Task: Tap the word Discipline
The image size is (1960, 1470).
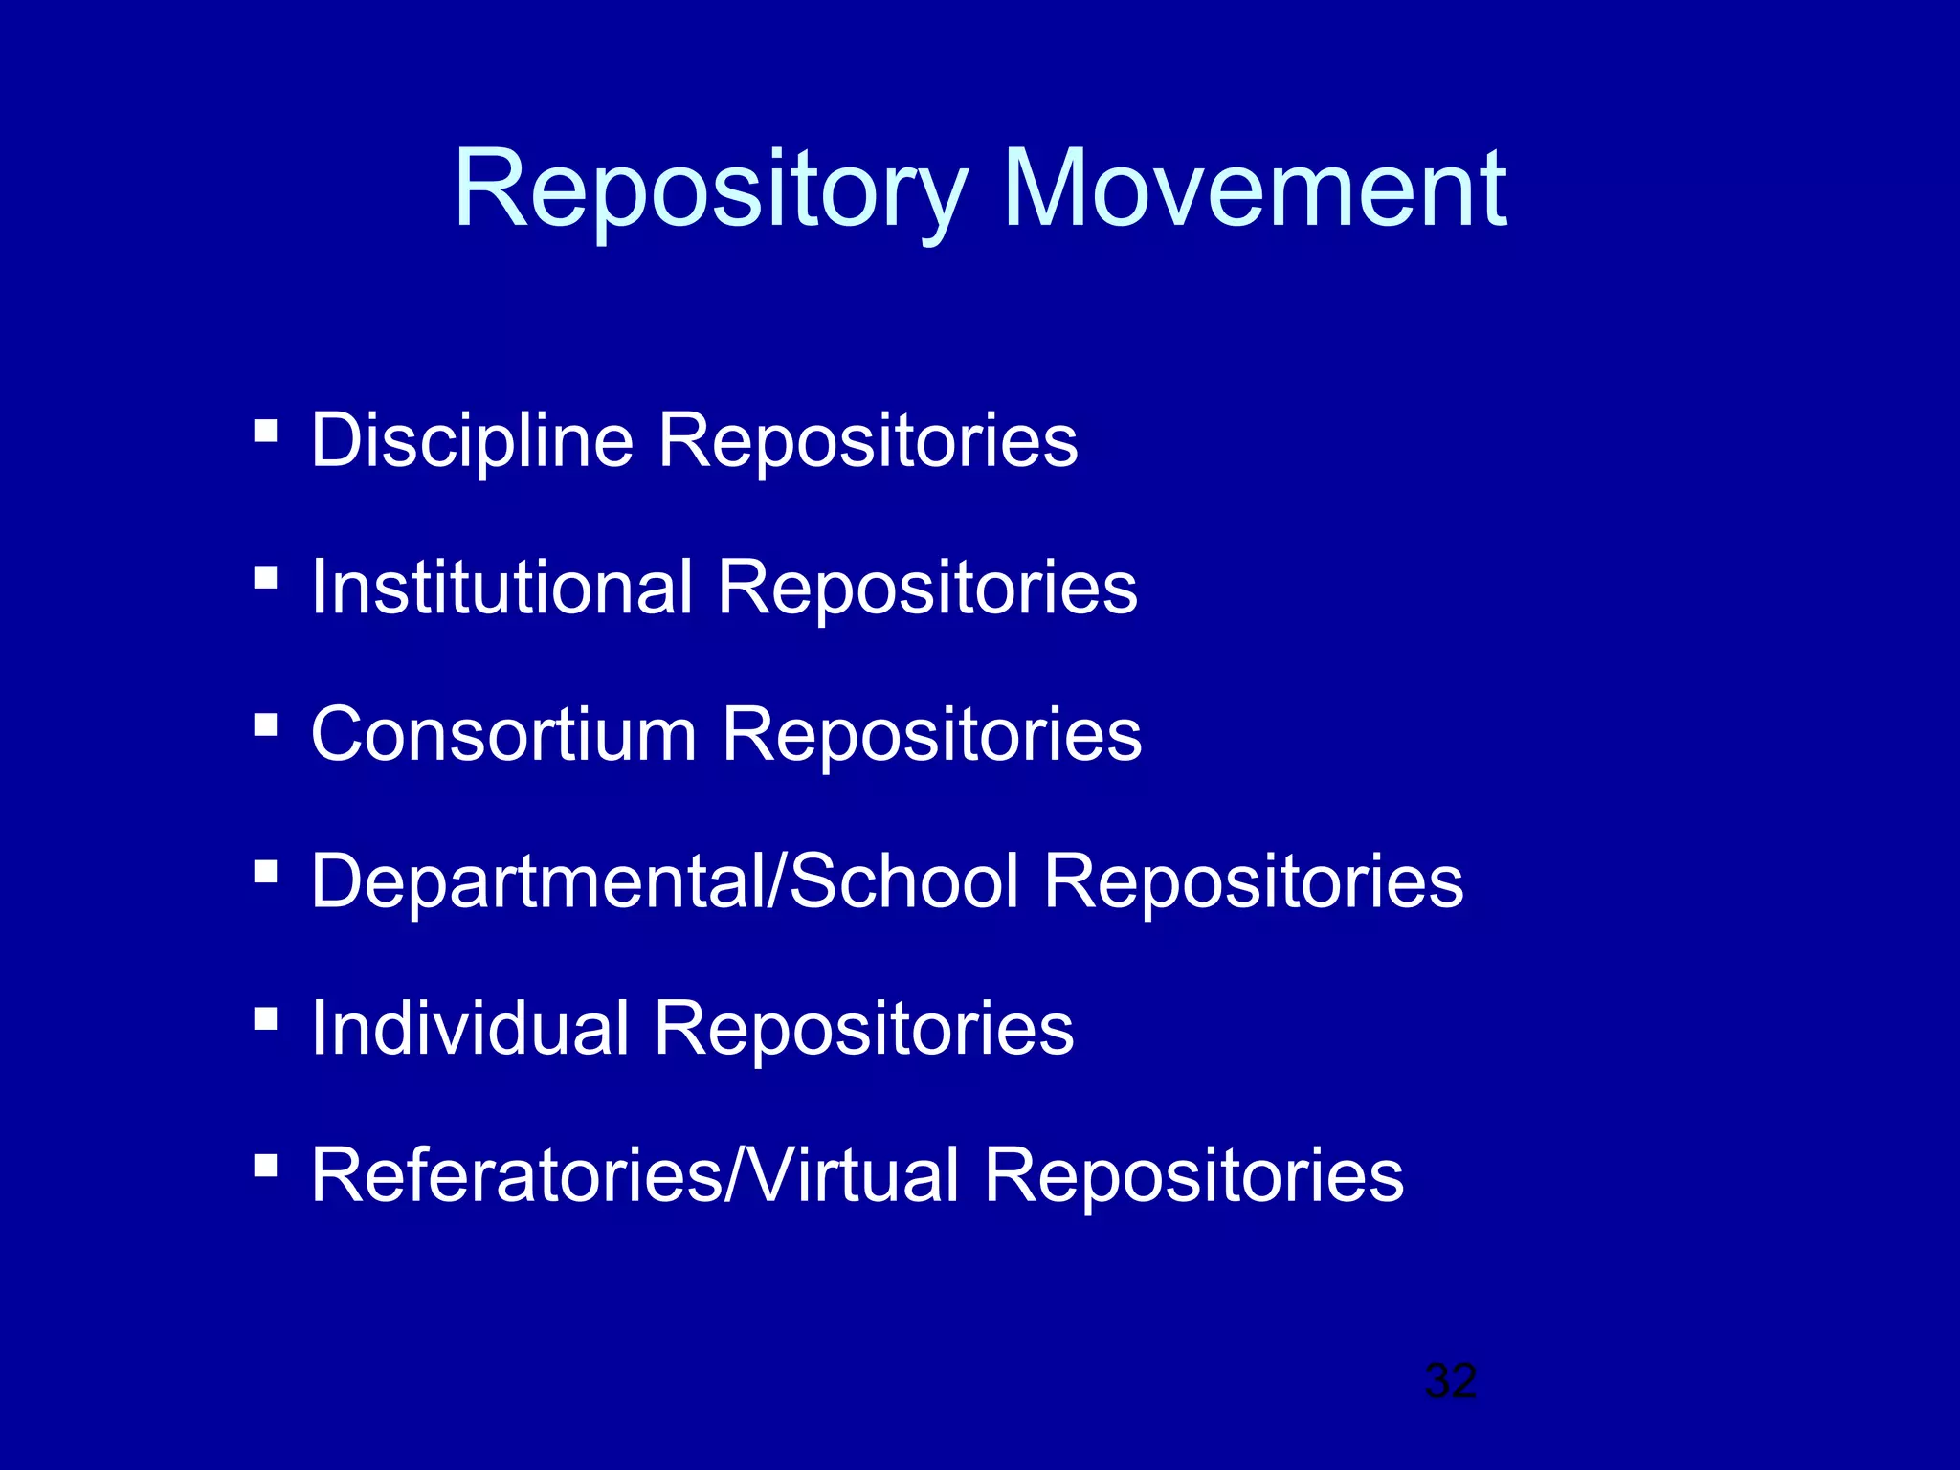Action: tap(473, 440)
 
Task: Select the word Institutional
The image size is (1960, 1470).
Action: tap(502, 587)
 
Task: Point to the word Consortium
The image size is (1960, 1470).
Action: tap(504, 734)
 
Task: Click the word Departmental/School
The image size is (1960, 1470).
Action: tap(665, 880)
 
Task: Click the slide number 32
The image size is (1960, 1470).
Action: tap(1451, 1381)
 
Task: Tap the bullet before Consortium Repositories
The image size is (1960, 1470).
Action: tap(266, 724)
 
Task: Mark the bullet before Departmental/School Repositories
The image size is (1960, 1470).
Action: tap(266, 871)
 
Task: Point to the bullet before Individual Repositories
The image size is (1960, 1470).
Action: tap(266, 1018)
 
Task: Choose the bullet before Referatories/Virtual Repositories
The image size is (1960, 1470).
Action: tap(266, 1165)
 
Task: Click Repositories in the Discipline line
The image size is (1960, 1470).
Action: tap(868, 440)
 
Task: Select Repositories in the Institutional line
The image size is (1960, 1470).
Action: tap(927, 587)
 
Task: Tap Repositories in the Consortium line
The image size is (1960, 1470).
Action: tap(932, 734)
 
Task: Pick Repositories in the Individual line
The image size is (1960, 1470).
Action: tap(864, 1028)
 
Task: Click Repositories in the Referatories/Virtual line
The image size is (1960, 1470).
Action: tap(1193, 1174)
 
